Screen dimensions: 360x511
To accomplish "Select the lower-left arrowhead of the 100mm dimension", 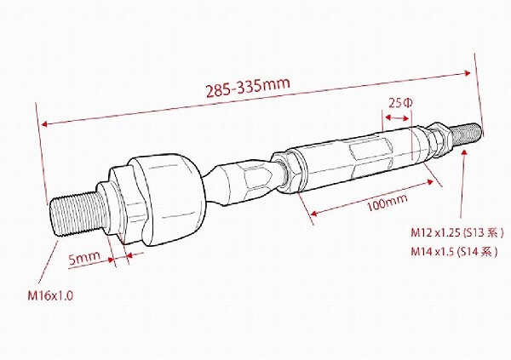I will click(x=314, y=211).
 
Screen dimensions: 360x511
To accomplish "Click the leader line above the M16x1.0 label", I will click(x=57, y=264).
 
